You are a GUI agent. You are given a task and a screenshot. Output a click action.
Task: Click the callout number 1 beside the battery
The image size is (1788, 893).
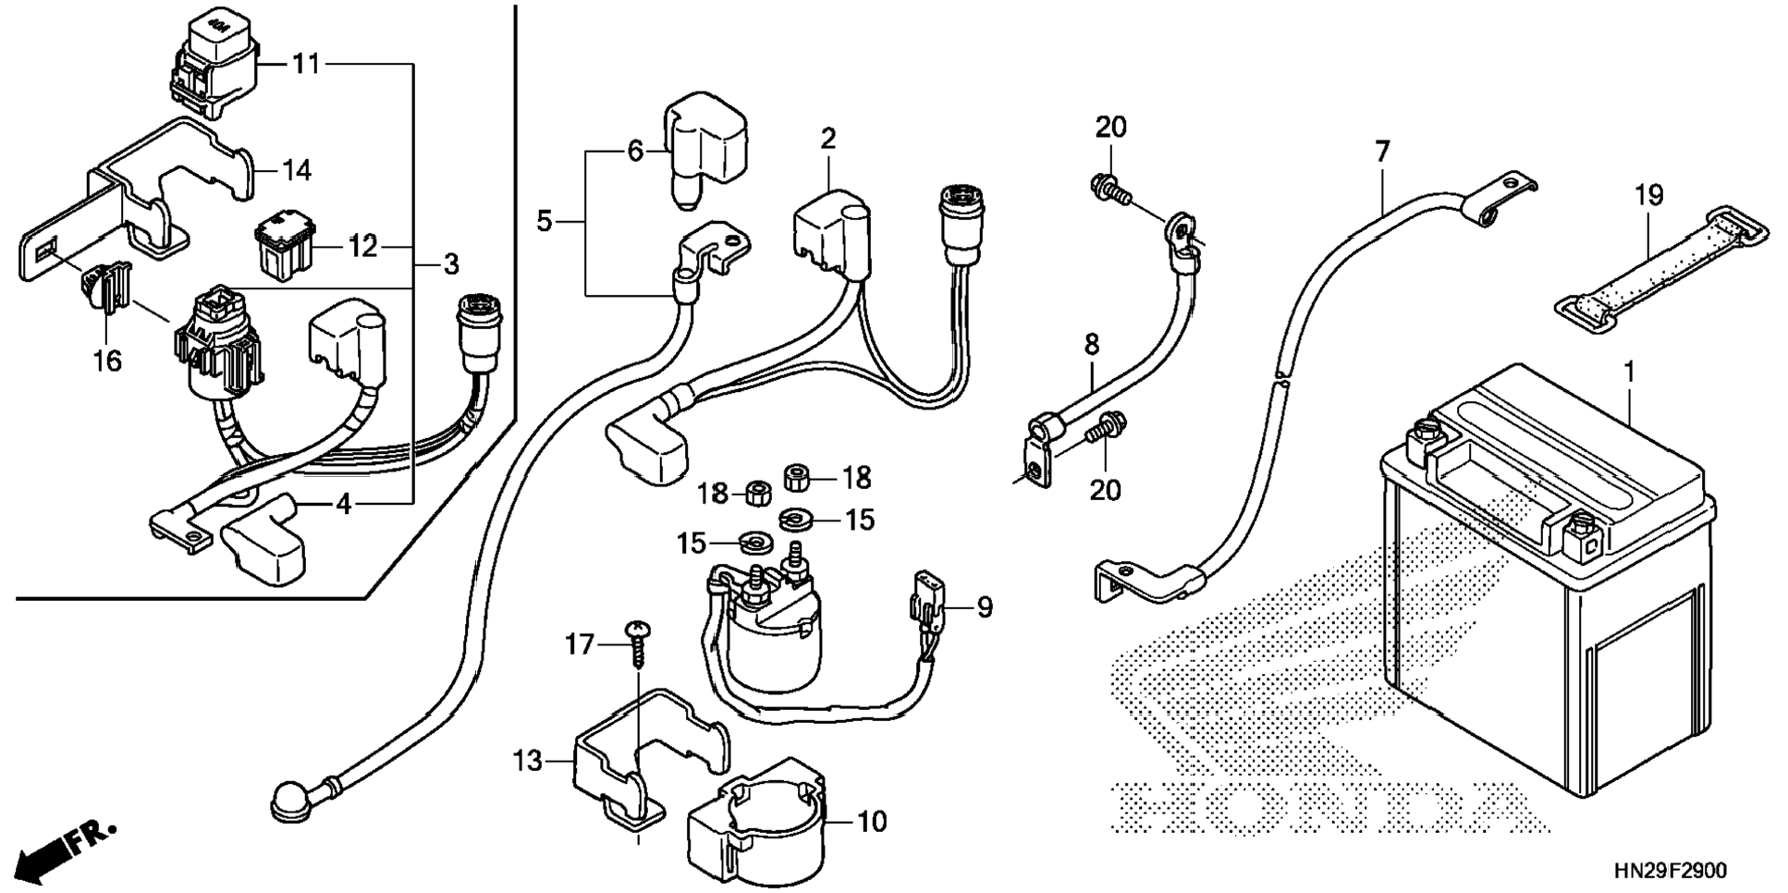(1630, 373)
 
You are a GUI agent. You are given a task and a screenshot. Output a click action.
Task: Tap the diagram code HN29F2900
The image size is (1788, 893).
(1670, 871)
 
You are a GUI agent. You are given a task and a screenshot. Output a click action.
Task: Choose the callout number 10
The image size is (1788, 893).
(872, 821)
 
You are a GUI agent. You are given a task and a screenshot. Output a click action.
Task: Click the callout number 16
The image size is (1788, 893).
(107, 360)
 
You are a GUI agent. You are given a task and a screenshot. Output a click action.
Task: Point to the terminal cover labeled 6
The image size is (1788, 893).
(704, 147)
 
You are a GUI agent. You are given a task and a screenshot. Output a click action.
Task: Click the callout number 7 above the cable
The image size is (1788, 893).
(1382, 151)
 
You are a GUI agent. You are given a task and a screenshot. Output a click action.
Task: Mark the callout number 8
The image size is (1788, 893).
(1092, 345)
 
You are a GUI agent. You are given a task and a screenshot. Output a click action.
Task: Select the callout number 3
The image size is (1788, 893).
(450, 264)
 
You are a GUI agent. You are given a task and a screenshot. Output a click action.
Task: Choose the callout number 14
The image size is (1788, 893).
(297, 170)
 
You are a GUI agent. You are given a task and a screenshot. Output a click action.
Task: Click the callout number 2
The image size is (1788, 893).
(827, 139)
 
